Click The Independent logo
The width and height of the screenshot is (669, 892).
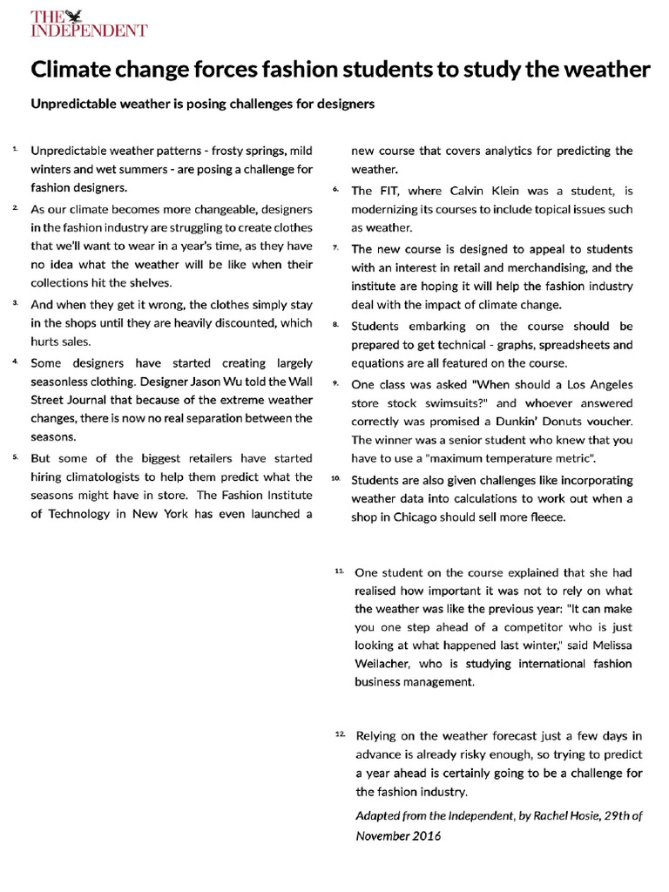pyautogui.click(x=90, y=24)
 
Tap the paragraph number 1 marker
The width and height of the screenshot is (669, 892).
pyautogui.click(x=16, y=149)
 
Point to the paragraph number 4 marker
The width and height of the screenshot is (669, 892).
pyautogui.click(x=16, y=360)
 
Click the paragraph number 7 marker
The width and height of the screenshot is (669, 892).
pyautogui.click(x=336, y=247)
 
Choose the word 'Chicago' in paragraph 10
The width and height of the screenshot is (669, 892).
pyautogui.click(x=432, y=517)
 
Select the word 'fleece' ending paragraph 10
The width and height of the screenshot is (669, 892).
pyautogui.click(x=546, y=517)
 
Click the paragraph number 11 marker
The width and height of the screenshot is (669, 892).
pyautogui.click(x=339, y=570)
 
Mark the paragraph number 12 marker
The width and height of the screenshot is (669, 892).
pyautogui.click(x=340, y=734)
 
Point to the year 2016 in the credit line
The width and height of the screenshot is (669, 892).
pyautogui.click(x=424, y=835)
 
